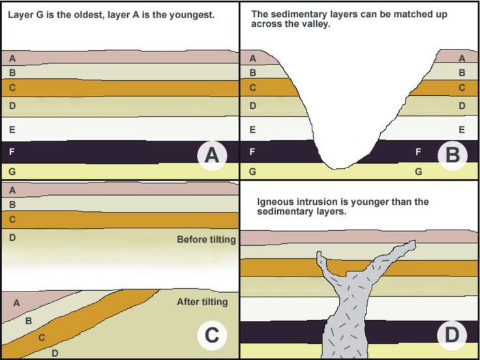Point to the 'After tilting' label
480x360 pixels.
(202, 302)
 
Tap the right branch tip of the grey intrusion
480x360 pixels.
(411, 244)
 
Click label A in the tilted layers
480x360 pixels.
(17, 302)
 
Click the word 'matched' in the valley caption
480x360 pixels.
(408, 12)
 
